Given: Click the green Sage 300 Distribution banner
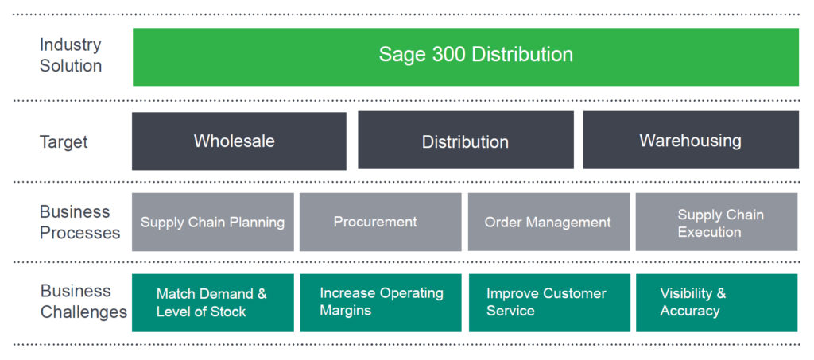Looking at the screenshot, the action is [x=466, y=56].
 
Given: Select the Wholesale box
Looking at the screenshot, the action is [x=238, y=141].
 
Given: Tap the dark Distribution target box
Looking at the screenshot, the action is [x=466, y=140].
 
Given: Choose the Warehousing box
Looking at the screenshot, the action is [x=691, y=140].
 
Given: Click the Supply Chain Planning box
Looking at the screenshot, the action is [x=213, y=222].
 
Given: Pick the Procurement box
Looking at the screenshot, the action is [x=381, y=222].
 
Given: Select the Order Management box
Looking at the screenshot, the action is [x=548, y=222].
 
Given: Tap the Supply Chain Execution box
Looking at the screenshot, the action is [x=716, y=222].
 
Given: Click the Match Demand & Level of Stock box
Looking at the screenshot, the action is [x=213, y=303].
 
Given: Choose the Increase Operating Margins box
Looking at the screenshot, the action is [x=381, y=303].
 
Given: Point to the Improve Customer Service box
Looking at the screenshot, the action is [x=549, y=303].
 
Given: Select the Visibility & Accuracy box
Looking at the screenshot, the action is [x=716, y=303].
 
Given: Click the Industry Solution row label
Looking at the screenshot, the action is [x=71, y=56].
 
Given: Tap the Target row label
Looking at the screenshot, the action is [x=64, y=141].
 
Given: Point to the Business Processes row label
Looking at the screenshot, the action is [x=80, y=223].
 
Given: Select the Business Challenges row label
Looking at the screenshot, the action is [x=83, y=301].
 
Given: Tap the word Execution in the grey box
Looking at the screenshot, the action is [x=709, y=232].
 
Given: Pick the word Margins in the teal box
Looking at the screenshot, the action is [x=345, y=311].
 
